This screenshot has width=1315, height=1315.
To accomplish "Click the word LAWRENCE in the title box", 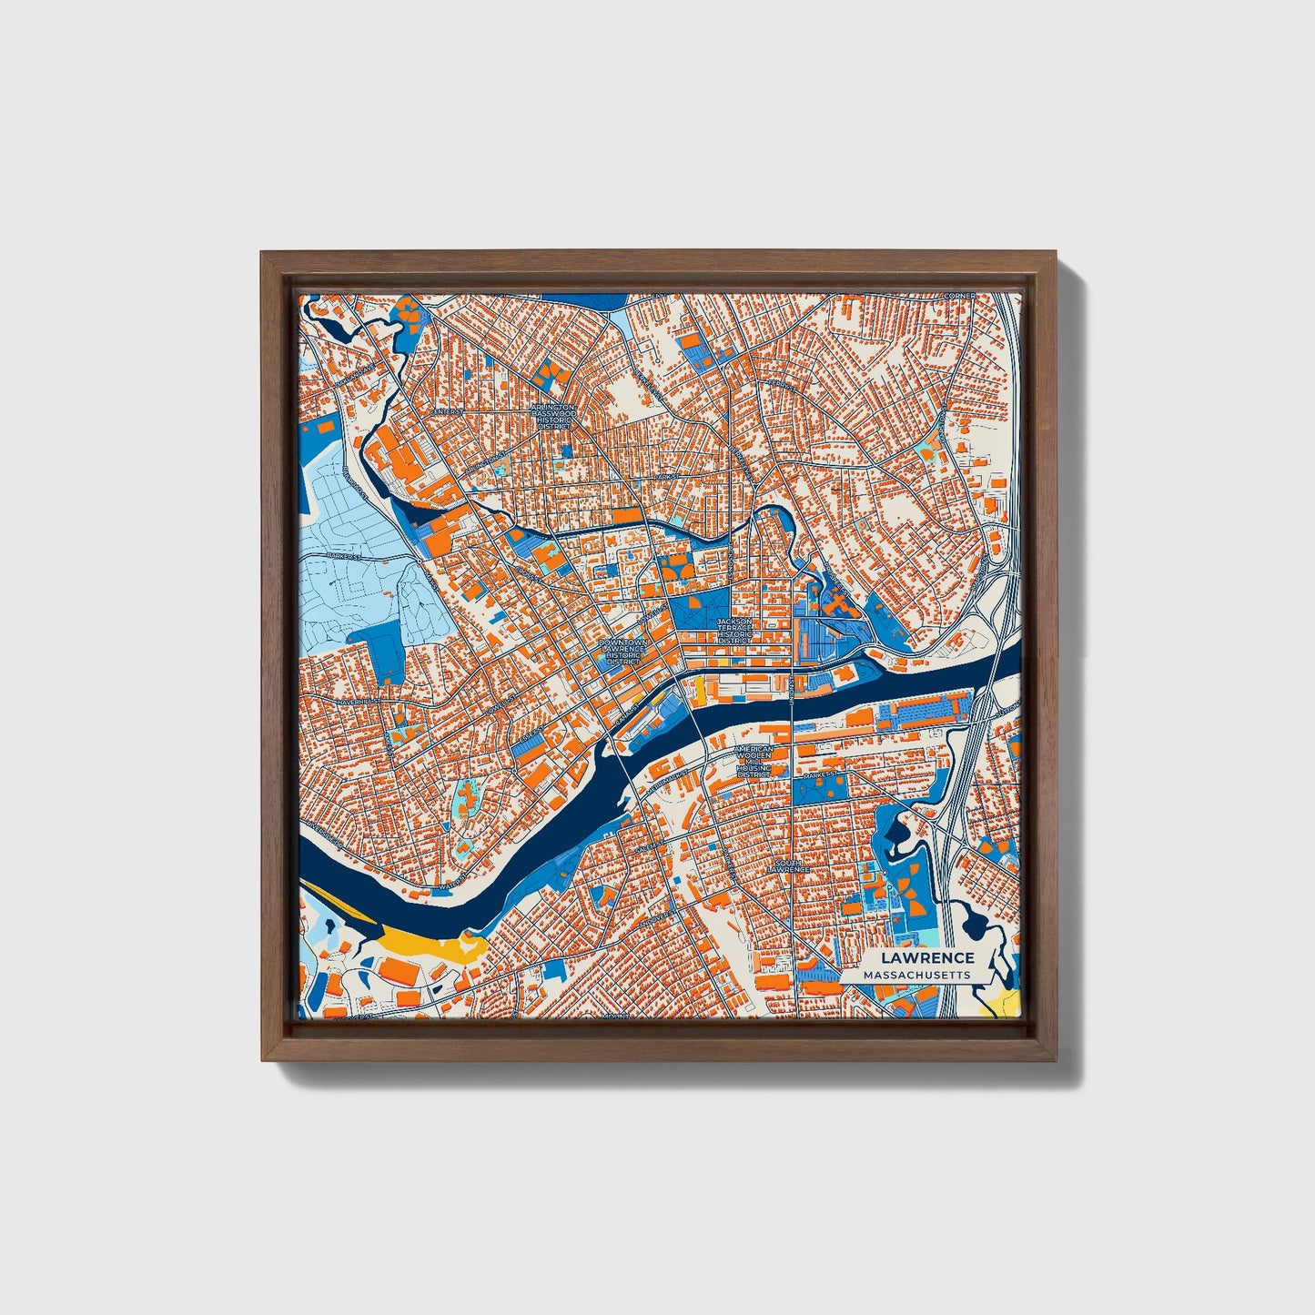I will [928, 957].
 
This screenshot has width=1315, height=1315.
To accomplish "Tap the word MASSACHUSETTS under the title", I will [917, 975].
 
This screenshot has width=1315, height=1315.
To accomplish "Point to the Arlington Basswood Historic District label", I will [553, 416].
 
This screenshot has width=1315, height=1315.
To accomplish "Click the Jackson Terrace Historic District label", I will [734, 631].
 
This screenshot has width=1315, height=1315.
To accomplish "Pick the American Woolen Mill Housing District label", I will [754, 762].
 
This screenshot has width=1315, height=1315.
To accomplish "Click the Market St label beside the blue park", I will [820, 774].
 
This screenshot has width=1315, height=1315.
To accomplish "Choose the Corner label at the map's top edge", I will [959, 296].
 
